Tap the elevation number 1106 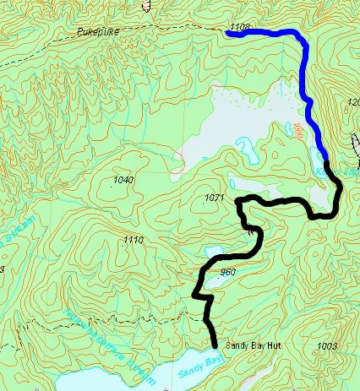click(239, 29)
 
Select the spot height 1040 click(123, 181)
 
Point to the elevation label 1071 click(215, 198)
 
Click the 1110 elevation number click(133, 241)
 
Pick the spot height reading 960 click(226, 273)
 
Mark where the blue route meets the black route click(326, 160)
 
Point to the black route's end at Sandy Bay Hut click(215, 345)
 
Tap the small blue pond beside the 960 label click(213, 252)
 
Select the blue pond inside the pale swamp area click(248, 151)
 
